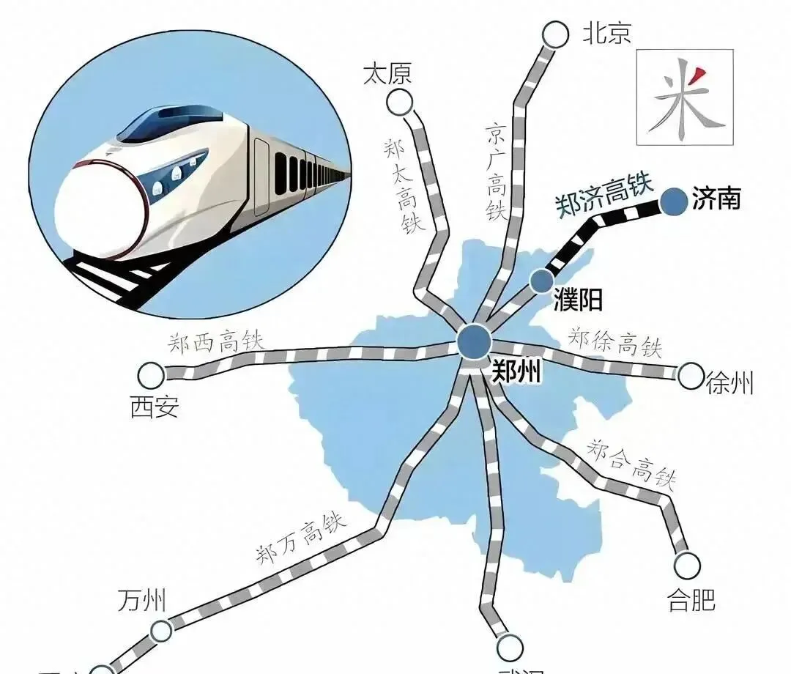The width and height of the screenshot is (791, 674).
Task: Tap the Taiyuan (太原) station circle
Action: point(400,102)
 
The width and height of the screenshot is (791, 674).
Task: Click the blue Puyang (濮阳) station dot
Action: point(542,279)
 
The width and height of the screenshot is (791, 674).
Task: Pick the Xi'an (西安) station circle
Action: point(152,376)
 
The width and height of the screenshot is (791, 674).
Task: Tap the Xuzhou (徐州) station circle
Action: point(690,377)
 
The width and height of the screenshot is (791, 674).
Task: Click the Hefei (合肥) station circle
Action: point(687,564)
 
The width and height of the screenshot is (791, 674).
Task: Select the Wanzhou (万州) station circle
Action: point(161,630)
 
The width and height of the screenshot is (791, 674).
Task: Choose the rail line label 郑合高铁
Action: point(631,464)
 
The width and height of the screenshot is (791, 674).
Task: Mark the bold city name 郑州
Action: point(516,373)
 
